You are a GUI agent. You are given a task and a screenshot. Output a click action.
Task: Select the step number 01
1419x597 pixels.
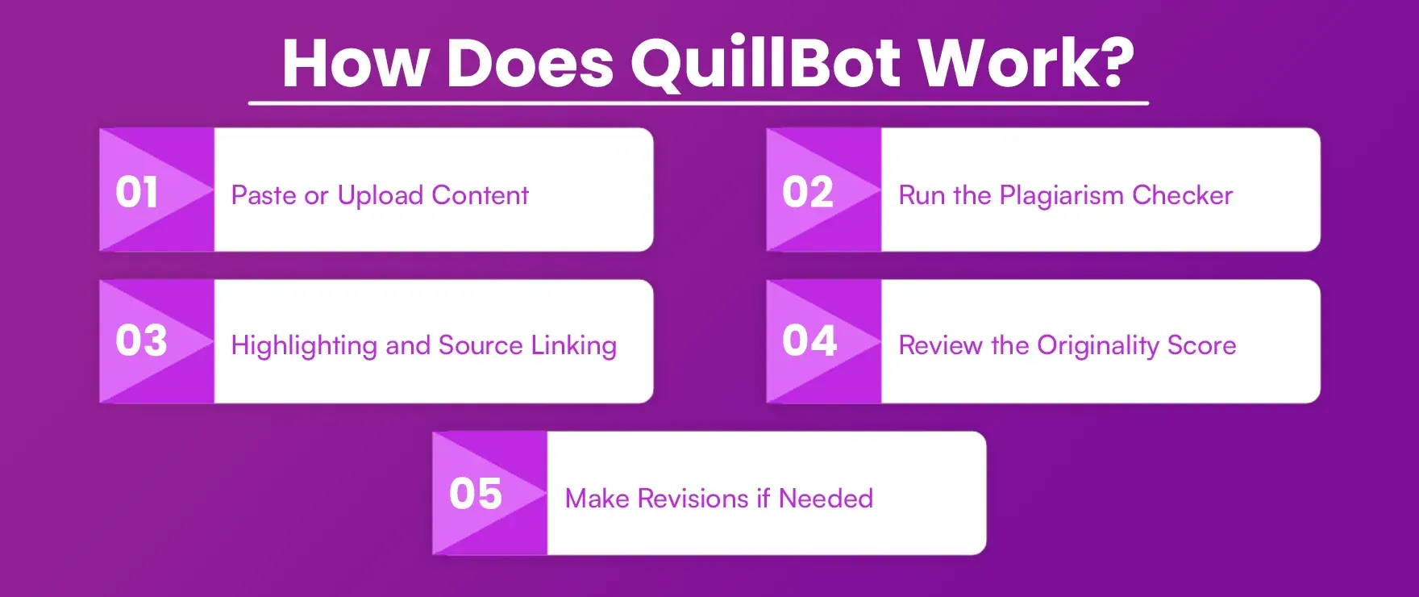pos(137,193)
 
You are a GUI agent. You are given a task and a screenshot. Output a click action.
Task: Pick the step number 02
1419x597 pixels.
pos(807,193)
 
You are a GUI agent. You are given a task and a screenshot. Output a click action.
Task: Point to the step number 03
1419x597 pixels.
pos(141,340)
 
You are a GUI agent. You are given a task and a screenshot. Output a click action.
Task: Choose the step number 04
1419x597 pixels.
pos(809,340)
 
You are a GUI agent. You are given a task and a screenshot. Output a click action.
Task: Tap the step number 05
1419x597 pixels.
pos(476,494)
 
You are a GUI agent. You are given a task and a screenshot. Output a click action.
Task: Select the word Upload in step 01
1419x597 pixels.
pos(380,196)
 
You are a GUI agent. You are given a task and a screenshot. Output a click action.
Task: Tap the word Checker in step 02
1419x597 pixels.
pos(1182,195)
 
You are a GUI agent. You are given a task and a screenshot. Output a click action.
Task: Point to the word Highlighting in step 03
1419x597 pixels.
pos(304,346)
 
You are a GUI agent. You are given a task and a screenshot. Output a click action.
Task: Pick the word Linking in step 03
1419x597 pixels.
pos(573,345)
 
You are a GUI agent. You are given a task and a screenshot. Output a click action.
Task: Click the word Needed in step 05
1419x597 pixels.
pos(826,499)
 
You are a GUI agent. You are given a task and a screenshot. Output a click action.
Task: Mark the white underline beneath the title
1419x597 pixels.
pos(698,103)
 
